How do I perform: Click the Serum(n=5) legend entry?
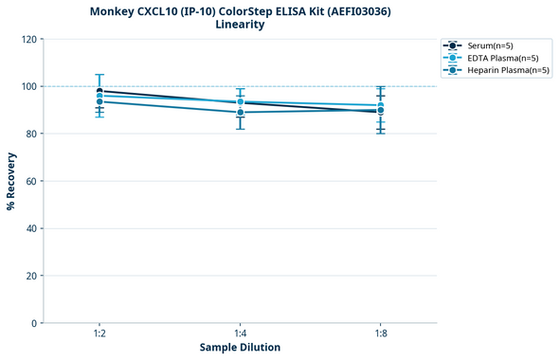point(490,45)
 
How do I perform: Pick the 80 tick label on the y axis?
point(31,134)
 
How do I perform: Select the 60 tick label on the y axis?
point(31,181)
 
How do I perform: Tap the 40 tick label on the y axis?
point(31,228)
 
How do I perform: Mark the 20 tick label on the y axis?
point(31,276)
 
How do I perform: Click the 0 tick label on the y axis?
point(34,323)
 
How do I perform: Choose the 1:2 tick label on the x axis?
point(99,334)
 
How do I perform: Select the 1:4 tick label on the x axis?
point(240,334)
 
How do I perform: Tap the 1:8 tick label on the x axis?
point(380,334)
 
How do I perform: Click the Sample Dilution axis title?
point(240,348)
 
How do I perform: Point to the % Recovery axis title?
point(11,180)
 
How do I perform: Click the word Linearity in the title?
point(240,25)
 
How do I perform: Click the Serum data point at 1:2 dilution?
point(99,91)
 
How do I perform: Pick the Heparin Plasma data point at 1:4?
point(240,113)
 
